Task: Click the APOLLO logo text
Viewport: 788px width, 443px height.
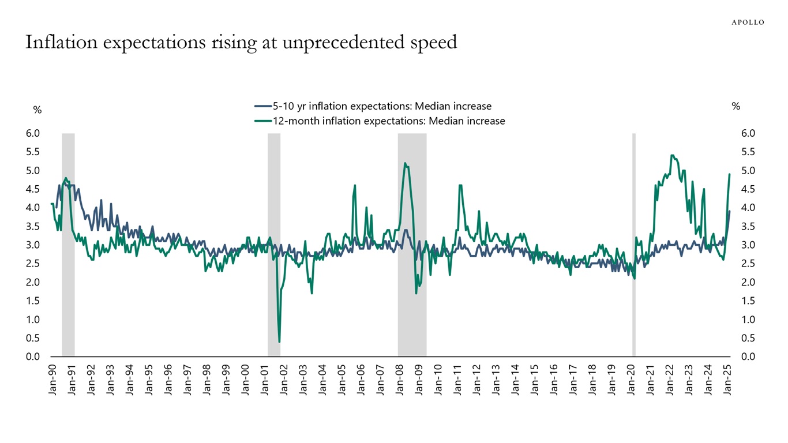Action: pos(748,22)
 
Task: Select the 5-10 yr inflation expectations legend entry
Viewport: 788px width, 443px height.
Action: pos(373,106)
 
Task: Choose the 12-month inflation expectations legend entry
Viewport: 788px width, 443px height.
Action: pos(380,121)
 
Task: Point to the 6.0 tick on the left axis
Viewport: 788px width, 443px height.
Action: pos(33,133)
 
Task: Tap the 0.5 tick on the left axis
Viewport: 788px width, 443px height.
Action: pos(33,338)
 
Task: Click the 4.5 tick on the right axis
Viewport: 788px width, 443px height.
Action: pos(748,189)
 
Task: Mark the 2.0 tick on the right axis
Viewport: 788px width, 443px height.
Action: pos(748,282)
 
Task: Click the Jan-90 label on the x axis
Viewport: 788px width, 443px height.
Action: pos(52,381)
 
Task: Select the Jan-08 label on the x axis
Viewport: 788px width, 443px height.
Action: pos(399,381)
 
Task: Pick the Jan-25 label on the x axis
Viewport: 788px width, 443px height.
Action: pos(727,381)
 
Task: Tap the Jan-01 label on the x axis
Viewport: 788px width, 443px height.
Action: pos(264,381)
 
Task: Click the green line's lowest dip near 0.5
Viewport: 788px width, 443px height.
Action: pos(279,342)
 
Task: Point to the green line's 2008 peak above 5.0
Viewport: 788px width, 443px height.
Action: pos(405,163)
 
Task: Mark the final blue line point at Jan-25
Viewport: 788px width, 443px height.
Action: pos(729,211)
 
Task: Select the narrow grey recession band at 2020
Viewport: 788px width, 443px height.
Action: pos(634,245)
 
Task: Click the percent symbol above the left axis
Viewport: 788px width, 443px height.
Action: pos(37,110)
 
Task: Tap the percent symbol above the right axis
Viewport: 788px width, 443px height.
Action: pos(736,106)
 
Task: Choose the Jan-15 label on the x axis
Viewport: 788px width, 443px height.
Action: pos(534,381)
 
